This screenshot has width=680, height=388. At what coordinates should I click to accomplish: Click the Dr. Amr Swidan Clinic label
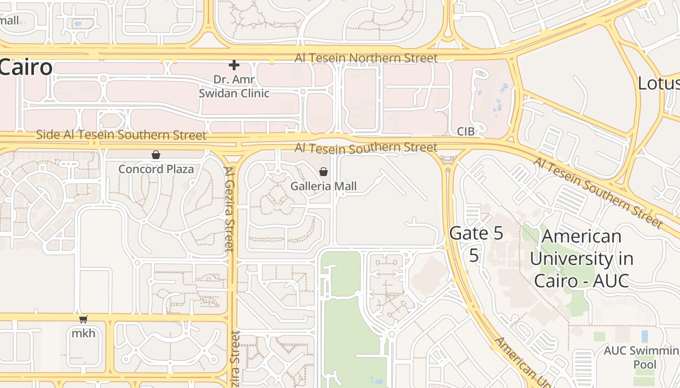point(234,86)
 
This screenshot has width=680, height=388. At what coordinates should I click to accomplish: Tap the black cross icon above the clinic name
point(234,65)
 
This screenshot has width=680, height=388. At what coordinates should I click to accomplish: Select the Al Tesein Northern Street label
point(366,58)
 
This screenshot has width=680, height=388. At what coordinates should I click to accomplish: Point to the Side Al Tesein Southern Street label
point(121,135)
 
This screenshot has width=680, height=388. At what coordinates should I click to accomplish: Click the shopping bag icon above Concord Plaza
point(156,155)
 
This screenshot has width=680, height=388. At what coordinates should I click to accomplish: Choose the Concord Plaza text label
point(156,169)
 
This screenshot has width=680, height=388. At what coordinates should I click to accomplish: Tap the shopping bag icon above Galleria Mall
point(323,172)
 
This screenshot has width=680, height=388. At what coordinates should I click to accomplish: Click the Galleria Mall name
point(323,186)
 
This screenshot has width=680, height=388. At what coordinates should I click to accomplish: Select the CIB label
point(466,131)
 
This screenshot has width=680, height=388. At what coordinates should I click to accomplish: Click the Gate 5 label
point(476,233)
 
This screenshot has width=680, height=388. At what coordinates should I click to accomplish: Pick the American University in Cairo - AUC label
point(581,259)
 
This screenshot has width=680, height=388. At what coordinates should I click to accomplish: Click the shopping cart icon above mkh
point(84,319)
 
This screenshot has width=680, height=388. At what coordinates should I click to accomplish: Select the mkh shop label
point(84,333)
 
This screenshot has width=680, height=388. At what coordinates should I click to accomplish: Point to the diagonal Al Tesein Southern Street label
point(598,193)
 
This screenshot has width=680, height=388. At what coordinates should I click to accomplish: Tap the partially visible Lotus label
point(658,83)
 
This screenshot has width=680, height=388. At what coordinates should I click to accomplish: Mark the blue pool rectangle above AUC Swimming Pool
point(645,336)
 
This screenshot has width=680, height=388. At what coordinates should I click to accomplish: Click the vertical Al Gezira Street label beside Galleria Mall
point(230,209)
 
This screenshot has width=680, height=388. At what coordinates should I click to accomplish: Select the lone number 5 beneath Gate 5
point(474,256)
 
